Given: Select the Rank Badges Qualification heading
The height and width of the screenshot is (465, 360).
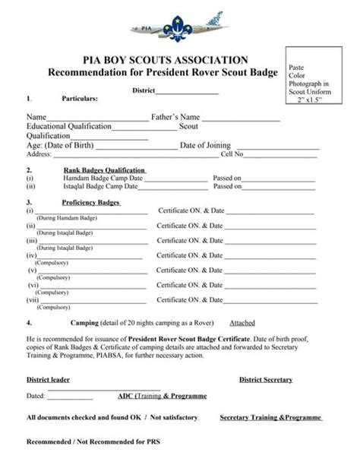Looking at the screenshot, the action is (105, 170).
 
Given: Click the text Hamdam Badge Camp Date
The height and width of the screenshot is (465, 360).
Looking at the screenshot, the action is (103, 179).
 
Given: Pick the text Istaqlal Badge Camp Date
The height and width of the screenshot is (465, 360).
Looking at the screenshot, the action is (103, 186).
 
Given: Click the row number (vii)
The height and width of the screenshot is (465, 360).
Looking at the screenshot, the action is (32, 299).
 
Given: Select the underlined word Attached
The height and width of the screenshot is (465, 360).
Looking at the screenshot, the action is (242, 322).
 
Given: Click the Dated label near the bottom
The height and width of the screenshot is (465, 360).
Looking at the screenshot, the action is (36, 396).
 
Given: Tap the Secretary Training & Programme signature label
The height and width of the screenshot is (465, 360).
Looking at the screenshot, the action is (270, 418).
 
